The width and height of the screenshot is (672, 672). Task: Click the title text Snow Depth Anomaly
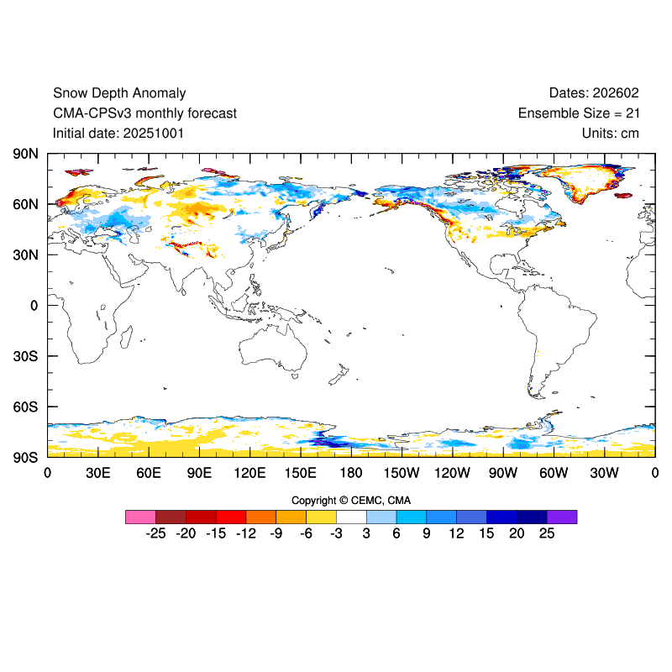(x=119, y=93)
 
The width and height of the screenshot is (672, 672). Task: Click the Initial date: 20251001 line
(x=118, y=133)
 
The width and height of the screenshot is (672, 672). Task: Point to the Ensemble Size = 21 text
(x=579, y=113)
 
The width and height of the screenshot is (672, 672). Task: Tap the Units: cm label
(x=611, y=133)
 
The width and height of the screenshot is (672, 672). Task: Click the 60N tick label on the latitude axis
(x=24, y=204)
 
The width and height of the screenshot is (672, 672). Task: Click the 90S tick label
(x=24, y=457)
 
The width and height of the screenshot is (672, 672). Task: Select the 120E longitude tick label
(x=249, y=473)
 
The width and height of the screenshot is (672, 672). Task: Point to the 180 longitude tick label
(x=351, y=473)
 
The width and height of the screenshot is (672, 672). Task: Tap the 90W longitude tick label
(x=503, y=473)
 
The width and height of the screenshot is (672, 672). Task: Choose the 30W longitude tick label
(x=604, y=473)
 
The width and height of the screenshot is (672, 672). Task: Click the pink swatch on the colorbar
(x=140, y=517)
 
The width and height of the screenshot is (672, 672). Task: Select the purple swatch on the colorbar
(x=562, y=517)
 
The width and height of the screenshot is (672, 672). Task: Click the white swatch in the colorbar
(x=351, y=517)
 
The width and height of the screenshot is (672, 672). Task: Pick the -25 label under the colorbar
(x=155, y=533)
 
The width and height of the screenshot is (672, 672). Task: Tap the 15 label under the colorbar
(x=486, y=533)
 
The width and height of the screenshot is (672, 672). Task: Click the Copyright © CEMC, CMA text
(x=351, y=501)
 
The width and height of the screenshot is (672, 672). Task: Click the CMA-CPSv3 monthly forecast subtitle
(x=144, y=113)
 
